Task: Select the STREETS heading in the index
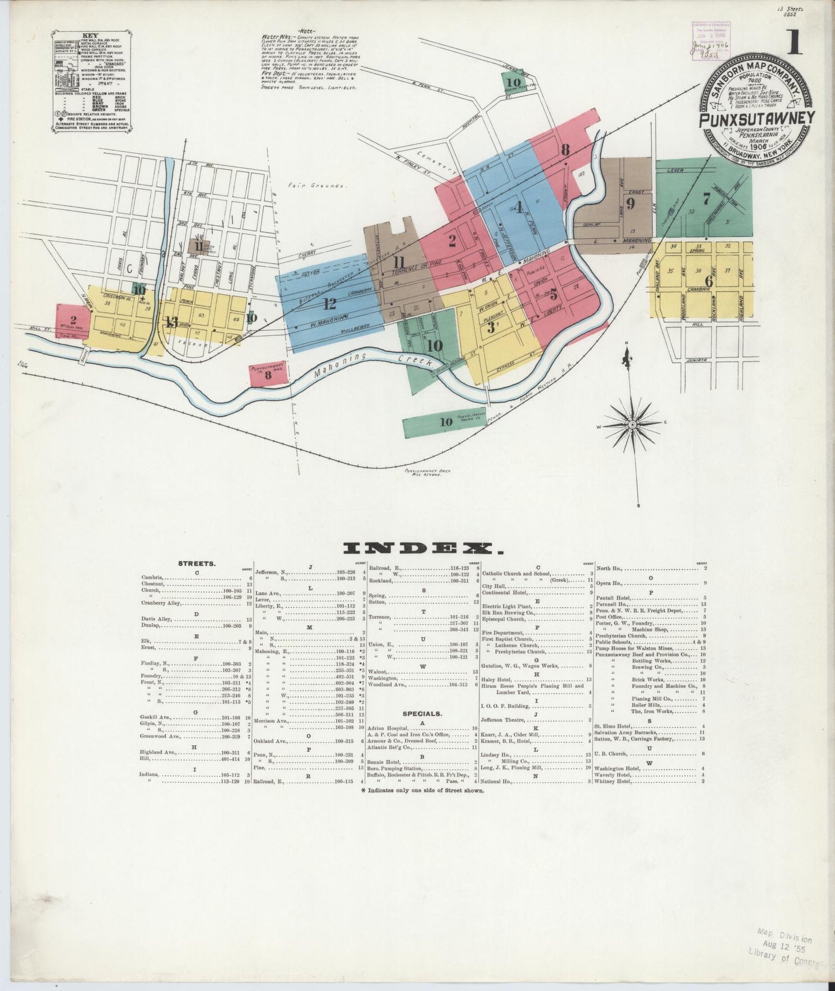pyautogui.click(x=198, y=563)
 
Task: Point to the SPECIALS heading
pyautogui.click(x=424, y=713)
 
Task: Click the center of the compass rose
pyautogui.click(x=633, y=425)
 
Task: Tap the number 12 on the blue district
pyautogui.click(x=330, y=303)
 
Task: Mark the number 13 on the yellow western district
pyautogui.click(x=171, y=322)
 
